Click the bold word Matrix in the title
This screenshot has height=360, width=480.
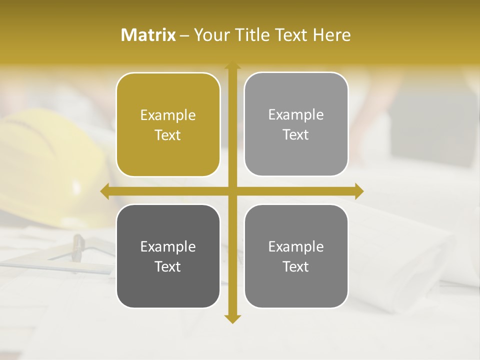point(148,35)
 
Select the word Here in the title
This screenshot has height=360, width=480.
point(332,35)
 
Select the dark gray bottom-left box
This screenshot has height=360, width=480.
point(168,287)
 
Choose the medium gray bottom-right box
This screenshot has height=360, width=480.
point(296,287)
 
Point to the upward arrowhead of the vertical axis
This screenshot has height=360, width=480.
point(232,65)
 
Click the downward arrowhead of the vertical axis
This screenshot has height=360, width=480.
point(232,318)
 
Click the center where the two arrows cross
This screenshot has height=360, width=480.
point(232,191)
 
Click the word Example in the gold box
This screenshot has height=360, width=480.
point(168,115)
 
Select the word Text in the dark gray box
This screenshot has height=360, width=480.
point(168,266)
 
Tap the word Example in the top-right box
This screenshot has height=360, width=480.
point(296,115)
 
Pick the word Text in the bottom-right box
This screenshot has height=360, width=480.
point(296,266)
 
